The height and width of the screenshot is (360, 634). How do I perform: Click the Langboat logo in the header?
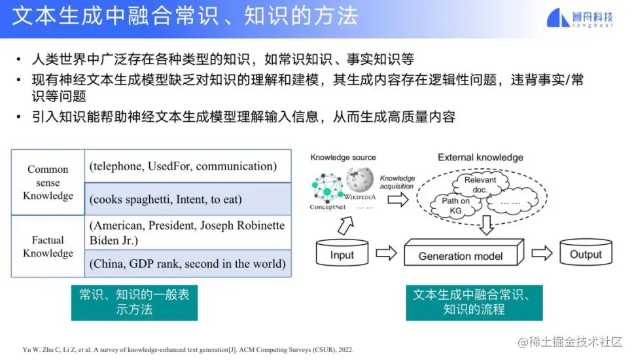[580, 18]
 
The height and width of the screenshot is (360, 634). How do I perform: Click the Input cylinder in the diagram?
[342, 253]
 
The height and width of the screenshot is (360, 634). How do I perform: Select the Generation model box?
[464, 253]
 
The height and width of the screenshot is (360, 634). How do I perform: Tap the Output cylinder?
[586, 252]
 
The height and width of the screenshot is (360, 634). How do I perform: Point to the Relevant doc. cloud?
[480, 185]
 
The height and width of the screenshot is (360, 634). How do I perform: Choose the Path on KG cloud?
[455, 206]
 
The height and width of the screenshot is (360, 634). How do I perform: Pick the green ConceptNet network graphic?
[328, 188]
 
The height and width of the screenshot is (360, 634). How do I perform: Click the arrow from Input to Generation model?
[386, 253]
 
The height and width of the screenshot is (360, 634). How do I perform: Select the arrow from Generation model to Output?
[542, 253]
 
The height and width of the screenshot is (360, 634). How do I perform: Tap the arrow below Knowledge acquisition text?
[398, 200]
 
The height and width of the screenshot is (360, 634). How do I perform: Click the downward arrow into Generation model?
[486, 225]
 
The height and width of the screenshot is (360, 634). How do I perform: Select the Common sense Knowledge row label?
[48, 183]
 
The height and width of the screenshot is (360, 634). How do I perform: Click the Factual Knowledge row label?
[48, 246]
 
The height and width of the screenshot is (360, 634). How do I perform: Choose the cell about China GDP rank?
[188, 264]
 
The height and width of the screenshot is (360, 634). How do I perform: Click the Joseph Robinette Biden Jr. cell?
[188, 232]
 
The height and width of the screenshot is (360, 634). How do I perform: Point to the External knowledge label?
[480, 157]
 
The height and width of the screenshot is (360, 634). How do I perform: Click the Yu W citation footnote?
[188, 350]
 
